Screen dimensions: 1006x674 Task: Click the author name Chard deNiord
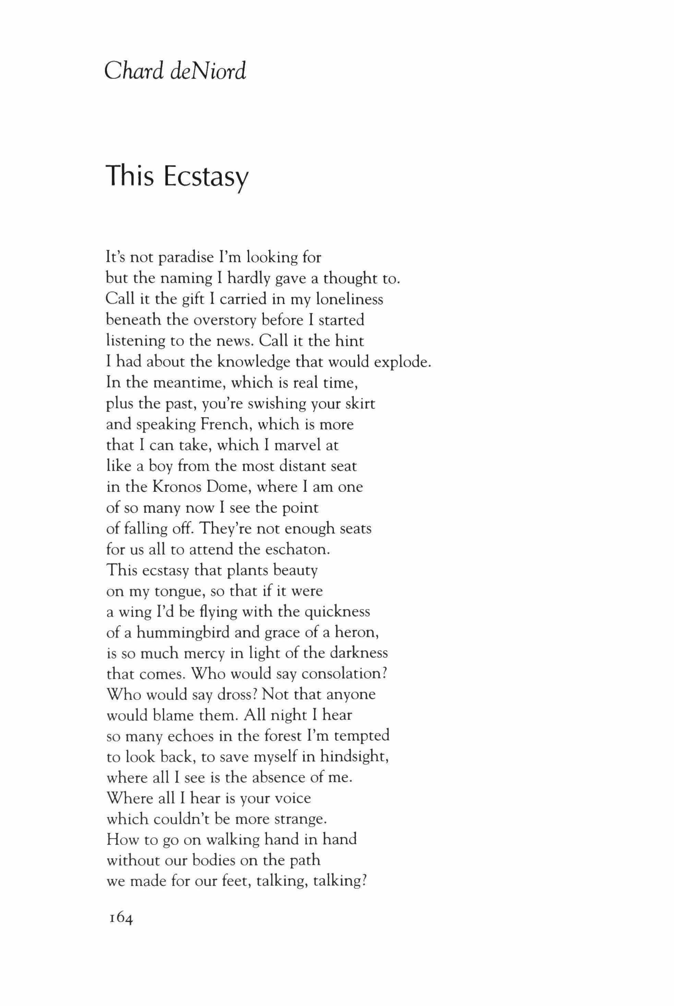(x=176, y=71)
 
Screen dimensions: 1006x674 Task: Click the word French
(x=222, y=425)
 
